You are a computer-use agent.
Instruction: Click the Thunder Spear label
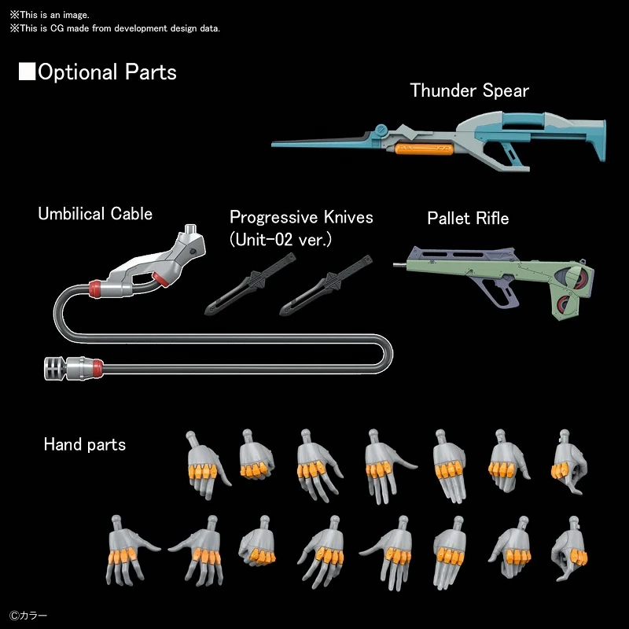coord(469,90)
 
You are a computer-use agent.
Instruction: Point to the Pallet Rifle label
coord(468,218)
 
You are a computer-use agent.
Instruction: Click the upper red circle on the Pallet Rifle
coord(580,277)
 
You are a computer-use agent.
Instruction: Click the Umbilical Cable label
coord(95,214)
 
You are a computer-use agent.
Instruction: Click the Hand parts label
coord(84,445)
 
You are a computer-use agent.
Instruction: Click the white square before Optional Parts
coord(28,72)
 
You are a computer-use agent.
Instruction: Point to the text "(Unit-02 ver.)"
coord(280,239)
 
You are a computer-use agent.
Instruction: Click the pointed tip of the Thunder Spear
coord(275,144)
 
